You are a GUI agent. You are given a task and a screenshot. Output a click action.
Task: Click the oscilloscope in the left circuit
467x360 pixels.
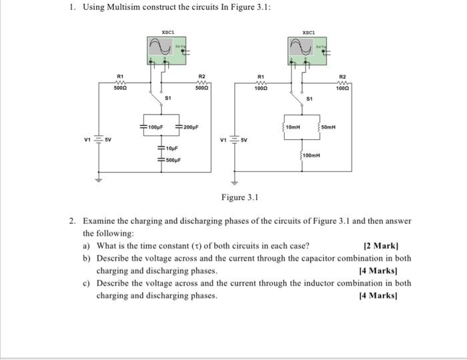[x=167, y=51]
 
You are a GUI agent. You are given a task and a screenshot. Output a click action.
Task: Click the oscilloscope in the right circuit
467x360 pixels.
[x=307, y=51]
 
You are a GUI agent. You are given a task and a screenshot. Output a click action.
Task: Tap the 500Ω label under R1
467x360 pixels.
[x=120, y=87]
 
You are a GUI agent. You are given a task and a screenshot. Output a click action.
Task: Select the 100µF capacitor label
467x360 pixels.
[x=155, y=126]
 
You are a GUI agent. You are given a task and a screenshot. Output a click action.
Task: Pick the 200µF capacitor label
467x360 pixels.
[x=190, y=126]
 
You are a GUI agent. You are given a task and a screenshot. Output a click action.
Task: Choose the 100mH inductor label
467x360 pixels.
[x=312, y=155]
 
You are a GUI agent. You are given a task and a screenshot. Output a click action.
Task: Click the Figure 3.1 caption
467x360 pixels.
[x=240, y=197]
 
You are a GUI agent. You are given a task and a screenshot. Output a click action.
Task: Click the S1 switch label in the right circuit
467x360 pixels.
[x=309, y=98]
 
